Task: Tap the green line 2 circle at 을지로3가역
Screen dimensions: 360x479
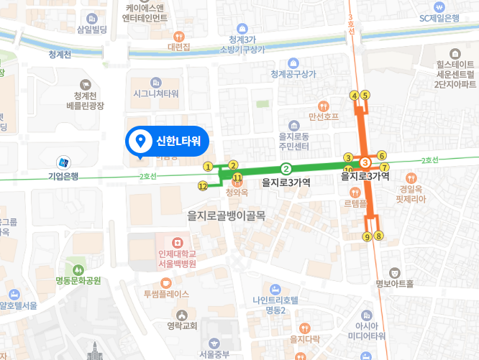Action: (x=286, y=170)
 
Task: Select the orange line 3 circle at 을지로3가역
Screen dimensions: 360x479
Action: (x=365, y=163)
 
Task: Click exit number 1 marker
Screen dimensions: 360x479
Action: (x=208, y=167)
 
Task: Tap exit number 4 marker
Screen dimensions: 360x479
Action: (x=354, y=95)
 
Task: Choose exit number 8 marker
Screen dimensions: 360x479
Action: (x=379, y=236)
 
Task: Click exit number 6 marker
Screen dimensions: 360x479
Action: (x=382, y=155)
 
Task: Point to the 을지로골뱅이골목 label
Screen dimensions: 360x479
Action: (x=226, y=215)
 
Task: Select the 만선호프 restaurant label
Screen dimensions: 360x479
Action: (x=323, y=116)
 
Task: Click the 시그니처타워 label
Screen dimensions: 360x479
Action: (x=155, y=94)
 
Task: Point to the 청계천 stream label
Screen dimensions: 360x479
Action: (x=60, y=55)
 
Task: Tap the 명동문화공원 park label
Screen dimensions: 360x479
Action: (x=78, y=280)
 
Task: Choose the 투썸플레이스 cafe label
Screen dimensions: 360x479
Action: (x=166, y=294)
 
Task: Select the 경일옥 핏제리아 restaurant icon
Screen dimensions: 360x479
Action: (x=411, y=177)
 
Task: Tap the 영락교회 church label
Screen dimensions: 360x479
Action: (x=181, y=325)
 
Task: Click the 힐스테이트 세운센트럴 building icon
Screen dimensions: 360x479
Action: (x=455, y=54)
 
